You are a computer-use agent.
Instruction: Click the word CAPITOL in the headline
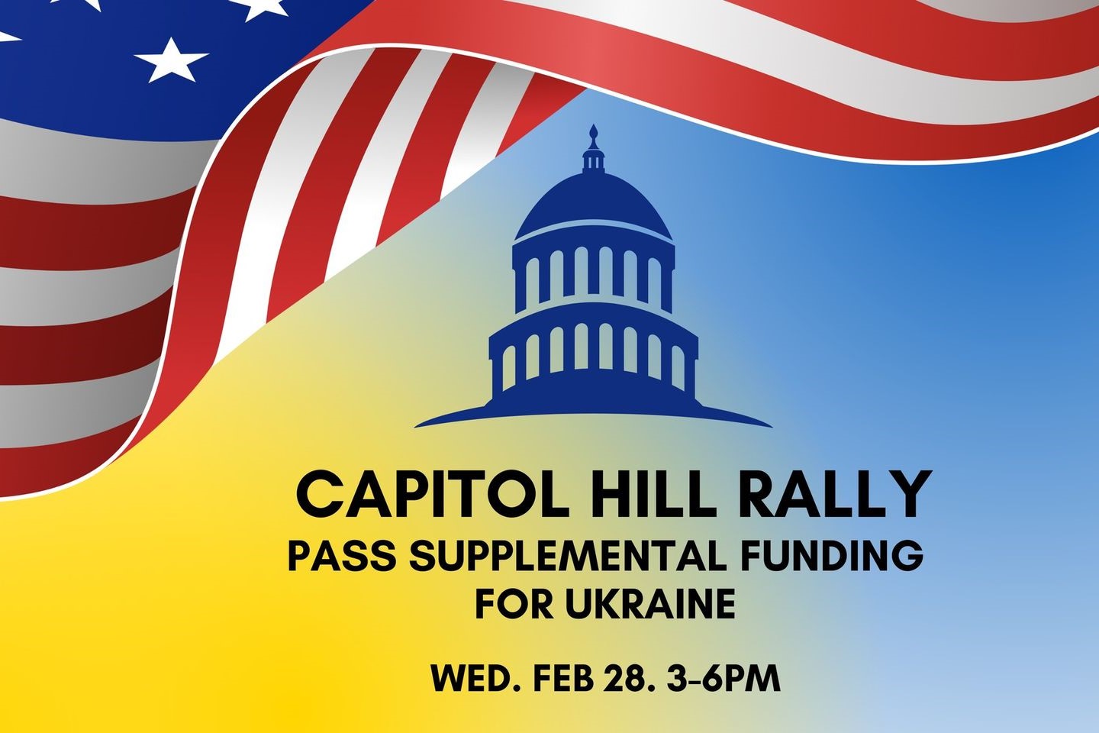(432, 495)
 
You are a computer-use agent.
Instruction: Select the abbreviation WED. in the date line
(475, 679)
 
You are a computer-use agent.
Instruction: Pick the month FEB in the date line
(563, 679)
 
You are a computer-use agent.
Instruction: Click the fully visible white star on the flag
(171, 60)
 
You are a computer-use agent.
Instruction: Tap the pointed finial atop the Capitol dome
(594, 134)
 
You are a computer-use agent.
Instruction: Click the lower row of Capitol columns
(594, 351)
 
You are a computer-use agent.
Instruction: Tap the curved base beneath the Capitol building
(594, 412)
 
